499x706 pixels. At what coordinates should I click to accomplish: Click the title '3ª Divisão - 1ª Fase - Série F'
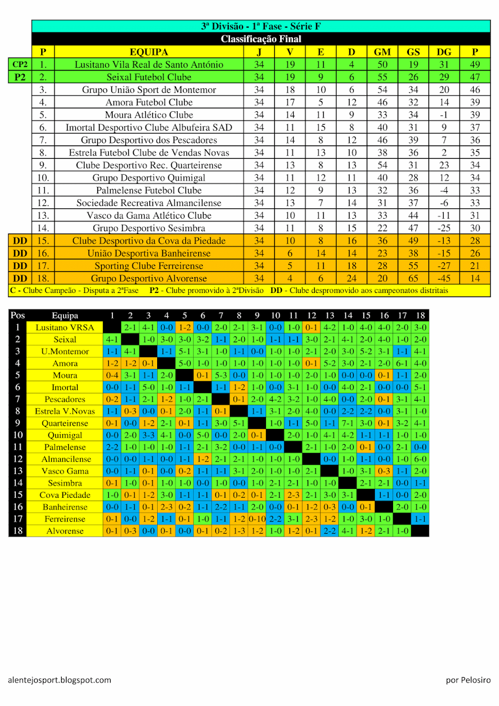click(x=261, y=26)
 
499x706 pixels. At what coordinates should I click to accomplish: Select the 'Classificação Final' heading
click(x=261, y=39)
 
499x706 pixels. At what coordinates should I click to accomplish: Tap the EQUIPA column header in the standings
click(x=149, y=52)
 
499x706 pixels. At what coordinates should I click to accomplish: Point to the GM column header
click(x=382, y=52)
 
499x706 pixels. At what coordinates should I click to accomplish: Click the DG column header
click(x=444, y=52)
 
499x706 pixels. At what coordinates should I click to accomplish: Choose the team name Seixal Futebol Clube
click(x=149, y=77)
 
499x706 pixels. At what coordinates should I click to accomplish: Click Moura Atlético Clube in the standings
click(x=149, y=115)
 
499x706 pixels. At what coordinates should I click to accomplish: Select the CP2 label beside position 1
click(x=20, y=65)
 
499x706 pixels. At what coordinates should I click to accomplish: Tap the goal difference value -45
click(x=444, y=278)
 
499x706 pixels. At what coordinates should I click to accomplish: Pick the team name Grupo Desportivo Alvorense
click(x=149, y=278)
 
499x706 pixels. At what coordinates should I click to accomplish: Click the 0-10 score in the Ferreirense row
click(x=257, y=519)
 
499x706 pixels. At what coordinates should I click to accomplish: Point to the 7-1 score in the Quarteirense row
click(x=348, y=423)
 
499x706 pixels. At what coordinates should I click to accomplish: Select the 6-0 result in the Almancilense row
click(x=420, y=459)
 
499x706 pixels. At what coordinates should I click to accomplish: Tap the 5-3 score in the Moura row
click(x=221, y=375)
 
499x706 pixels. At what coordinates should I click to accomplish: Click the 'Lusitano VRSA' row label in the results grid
click(x=65, y=328)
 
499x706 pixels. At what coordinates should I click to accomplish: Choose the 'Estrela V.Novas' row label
click(x=65, y=411)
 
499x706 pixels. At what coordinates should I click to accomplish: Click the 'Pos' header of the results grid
click(x=18, y=315)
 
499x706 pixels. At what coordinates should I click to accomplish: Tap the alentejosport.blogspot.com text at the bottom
click(x=59, y=680)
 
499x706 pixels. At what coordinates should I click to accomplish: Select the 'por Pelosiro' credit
click(x=468, y=680)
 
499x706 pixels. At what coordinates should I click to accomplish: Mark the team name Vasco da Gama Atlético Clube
click(x=149, y=215)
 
